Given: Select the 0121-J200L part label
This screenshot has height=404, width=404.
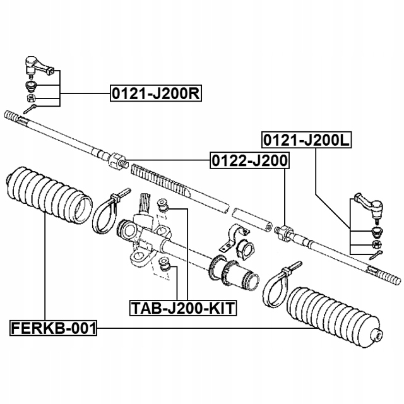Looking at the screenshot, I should pos(306,140).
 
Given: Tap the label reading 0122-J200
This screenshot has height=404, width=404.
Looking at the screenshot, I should pos(249,162).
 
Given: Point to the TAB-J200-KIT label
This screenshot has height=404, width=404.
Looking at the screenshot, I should pos(183,308).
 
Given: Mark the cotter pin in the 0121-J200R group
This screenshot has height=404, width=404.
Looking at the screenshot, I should pos(32,110).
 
